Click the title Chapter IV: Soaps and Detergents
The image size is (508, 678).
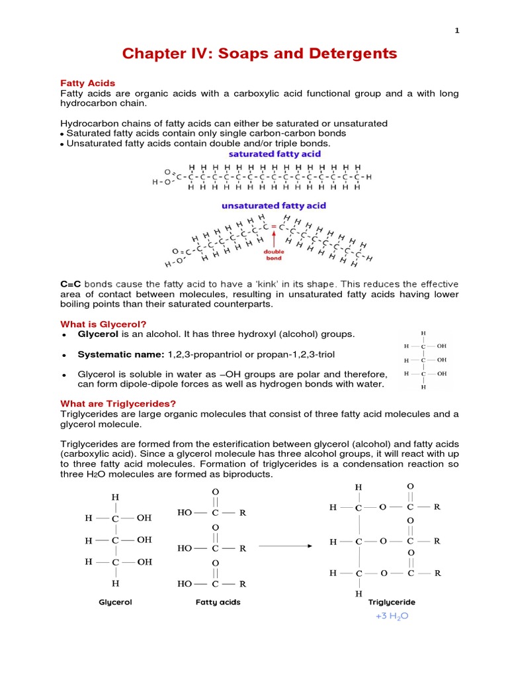click(x=253, y=54)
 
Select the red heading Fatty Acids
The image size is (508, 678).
click(x=88, y=83)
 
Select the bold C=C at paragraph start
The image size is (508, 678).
click(x=71, y=283)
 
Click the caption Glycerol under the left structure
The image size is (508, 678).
click(x=115, y=603)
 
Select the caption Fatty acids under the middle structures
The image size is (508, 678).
click(x=218, y=603)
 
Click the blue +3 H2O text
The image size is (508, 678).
click(x=392, y=616)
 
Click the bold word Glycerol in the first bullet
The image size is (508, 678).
click(x=98, y=334)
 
